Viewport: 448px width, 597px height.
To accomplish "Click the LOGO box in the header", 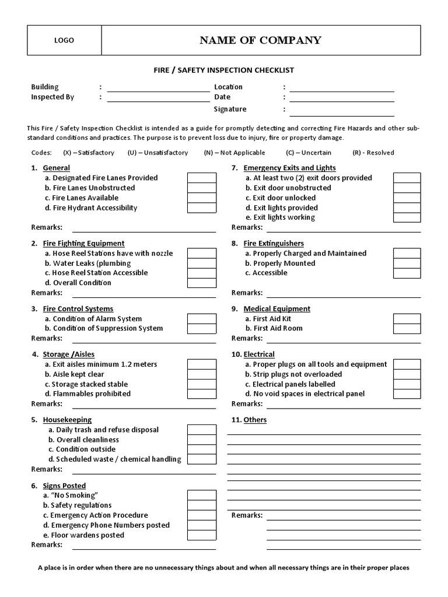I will (64, 40).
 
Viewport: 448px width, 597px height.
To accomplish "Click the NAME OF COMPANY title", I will (260, 40).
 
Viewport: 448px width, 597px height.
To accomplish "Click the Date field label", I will (222, 97).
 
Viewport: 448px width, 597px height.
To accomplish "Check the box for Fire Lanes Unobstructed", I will (201, 188).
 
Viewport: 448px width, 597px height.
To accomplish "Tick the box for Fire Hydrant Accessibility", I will (201, 208).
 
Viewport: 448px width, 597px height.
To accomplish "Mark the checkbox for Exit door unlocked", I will (407, 198).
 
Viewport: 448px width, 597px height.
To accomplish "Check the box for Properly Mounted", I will (407, 263).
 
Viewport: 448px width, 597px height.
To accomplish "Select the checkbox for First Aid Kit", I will (407, 318).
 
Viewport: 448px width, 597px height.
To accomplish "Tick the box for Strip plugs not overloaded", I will (407, 374).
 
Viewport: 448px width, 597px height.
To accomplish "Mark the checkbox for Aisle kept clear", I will (201, 374).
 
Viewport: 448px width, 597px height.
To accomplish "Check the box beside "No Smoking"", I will (201, 495).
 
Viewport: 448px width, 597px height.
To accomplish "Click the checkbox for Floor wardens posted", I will (201, 535).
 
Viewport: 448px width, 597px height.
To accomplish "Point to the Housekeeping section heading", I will (67, 420).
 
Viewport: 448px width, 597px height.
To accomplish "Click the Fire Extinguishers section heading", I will (274, 243).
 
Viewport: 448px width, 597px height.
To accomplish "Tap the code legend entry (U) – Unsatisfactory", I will (157, 153).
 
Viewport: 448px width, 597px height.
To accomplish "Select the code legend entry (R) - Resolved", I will (373, 153).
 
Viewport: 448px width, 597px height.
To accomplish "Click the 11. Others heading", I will (249, 420).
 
